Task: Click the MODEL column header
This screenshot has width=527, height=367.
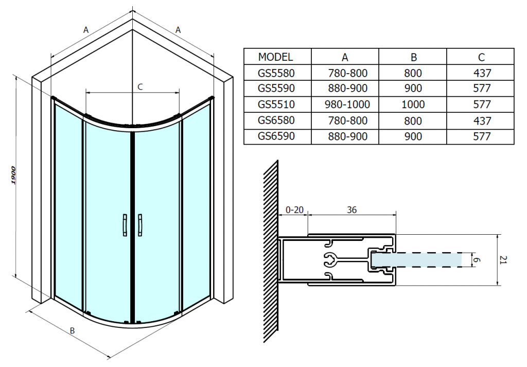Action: [x=275, y=57]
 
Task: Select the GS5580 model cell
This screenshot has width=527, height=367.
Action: [x=276, y=73]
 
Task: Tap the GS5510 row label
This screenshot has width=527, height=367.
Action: [x=276, y=104]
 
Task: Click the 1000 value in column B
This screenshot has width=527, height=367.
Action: [x=413, y=104]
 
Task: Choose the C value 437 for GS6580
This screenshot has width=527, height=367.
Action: [x=481, y=120]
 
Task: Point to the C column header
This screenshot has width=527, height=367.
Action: [x=481, y=57]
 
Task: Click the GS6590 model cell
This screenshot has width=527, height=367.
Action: [x=276, y=136]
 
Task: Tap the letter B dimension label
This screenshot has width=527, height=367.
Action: [x=73, y=330]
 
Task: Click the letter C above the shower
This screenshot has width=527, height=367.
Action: [x=139, y=86]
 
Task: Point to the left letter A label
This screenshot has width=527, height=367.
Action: [x=86, y=30]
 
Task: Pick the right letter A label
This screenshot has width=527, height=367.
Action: [x=178, y=30]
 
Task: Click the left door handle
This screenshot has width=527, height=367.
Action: [x=124, y=225]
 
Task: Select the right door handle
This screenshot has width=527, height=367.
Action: [x=140, y=225]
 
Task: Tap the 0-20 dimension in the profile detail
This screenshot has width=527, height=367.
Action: [x=294, y=210]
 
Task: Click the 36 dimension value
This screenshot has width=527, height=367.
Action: [x=352, y=210]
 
